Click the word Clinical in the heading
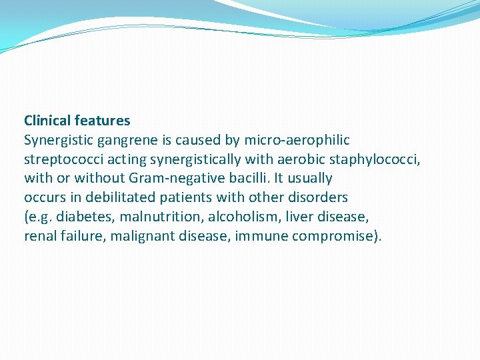47,121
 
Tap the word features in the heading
103,121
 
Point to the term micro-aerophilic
297,140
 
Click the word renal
39,236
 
